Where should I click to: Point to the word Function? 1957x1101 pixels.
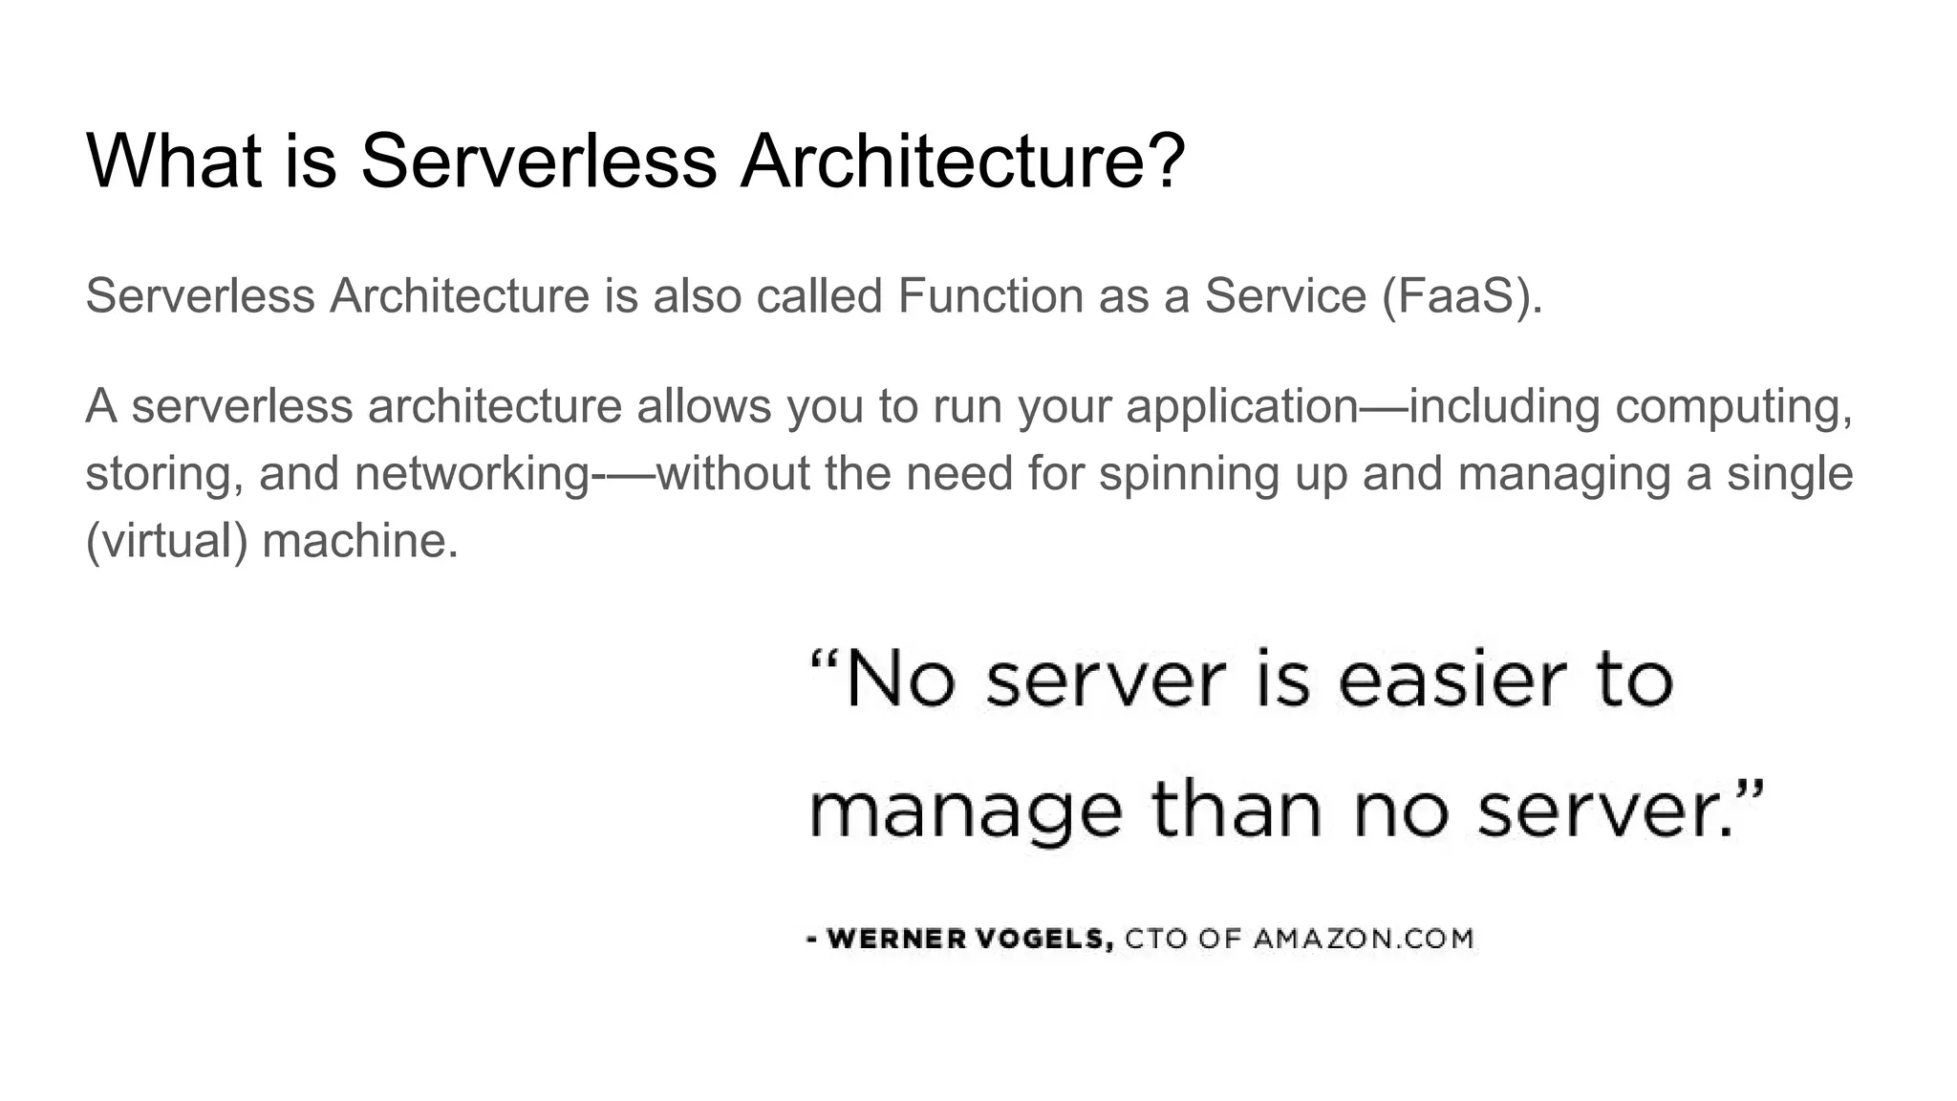[x=990, y=295]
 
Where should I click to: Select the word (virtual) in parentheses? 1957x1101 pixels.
[x=166, y=541]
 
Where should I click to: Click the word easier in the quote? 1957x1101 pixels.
[x=1452, y=681]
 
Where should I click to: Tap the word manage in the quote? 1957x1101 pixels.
[x=965, y=811]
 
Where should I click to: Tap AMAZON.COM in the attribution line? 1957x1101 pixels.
[x=1364, y=939]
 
